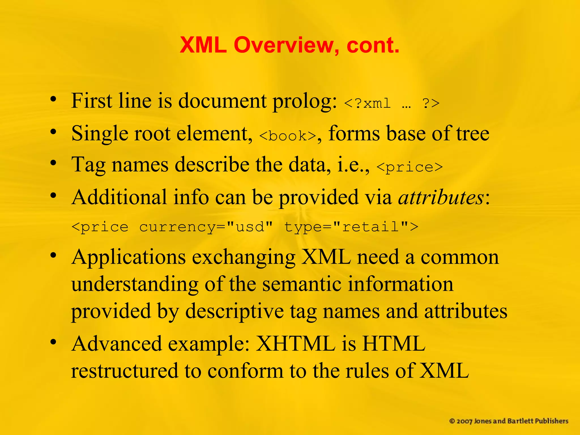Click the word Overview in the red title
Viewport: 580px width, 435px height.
[x=286, y=45]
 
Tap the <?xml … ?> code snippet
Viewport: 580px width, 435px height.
[x=391, y=103]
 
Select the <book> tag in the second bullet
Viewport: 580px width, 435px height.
[x=287, y=136]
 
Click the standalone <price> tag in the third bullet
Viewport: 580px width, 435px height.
[x=410, y=167]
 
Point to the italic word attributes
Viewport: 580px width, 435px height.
[x=441, y=197]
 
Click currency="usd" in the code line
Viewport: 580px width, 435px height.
[x=206, y=227]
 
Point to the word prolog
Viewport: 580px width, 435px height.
[x=304, y=101]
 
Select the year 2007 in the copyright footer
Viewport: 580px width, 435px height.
[x=464, y=421]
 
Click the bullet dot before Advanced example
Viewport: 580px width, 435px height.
[x=53, y=342]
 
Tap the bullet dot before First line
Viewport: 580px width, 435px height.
[x=53, y=99]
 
